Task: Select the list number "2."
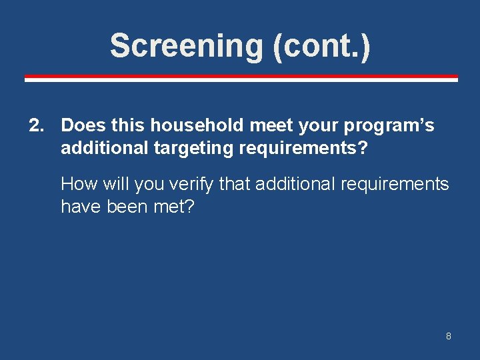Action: pyautogui.click(x=39, y=125)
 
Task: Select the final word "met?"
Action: pyautogui.click(x=174, y=207)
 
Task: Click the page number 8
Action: pyautogui.click(x=449, y=336)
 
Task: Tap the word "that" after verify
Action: pyautogui.click(x=235, y=184)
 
